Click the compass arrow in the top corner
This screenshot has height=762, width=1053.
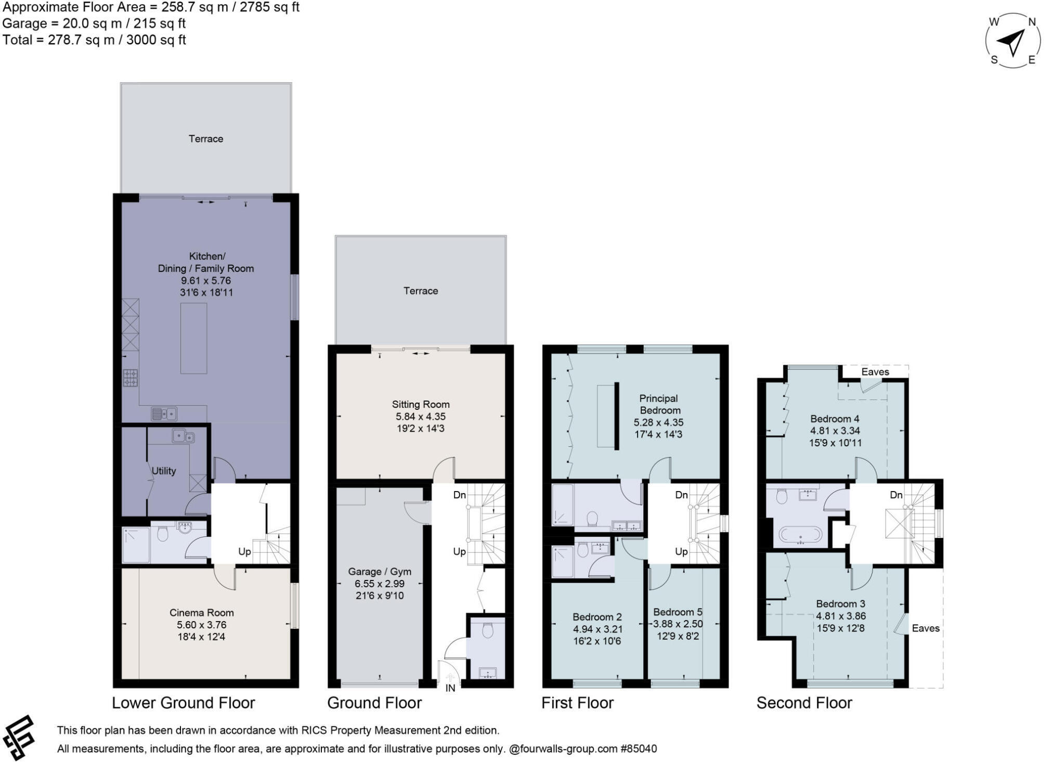[1012, 42]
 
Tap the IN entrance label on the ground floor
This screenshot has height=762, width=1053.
[450, 688]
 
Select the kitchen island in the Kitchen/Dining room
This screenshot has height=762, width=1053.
[193, 338]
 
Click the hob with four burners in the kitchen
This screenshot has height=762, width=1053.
[131, 378]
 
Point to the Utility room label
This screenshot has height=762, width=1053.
[164, 471]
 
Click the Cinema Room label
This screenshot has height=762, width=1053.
[201, 613]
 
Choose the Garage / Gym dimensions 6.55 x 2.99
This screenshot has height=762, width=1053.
[379, 584]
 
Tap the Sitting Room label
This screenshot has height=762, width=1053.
[420, 404]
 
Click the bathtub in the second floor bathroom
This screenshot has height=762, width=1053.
[800, 535]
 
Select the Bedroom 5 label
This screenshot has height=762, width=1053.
[678, 612]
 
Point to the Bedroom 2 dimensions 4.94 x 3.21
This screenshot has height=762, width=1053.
[597, 629]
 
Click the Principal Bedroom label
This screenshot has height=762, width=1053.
[658, 404]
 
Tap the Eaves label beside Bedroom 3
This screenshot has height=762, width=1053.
[926, 628]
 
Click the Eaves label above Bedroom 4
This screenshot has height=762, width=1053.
[875, 372]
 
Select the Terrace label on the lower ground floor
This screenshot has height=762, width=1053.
[205, 139]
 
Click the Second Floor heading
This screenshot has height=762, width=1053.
[804, 703]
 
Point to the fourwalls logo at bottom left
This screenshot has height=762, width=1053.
[19, 738]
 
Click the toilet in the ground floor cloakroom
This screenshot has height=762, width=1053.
[487, 631]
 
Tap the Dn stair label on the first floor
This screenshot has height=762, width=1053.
[681, 495]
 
